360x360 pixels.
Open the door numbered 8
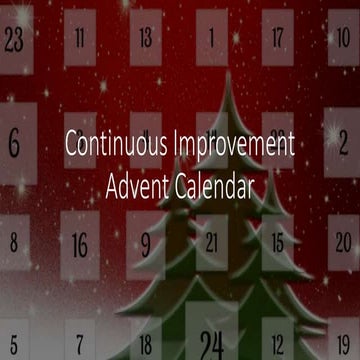(13, 242)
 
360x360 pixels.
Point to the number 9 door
(146, 243)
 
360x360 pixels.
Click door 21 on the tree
(211, 243)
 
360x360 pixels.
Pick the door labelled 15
(277, 243)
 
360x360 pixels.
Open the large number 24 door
(211, 343)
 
